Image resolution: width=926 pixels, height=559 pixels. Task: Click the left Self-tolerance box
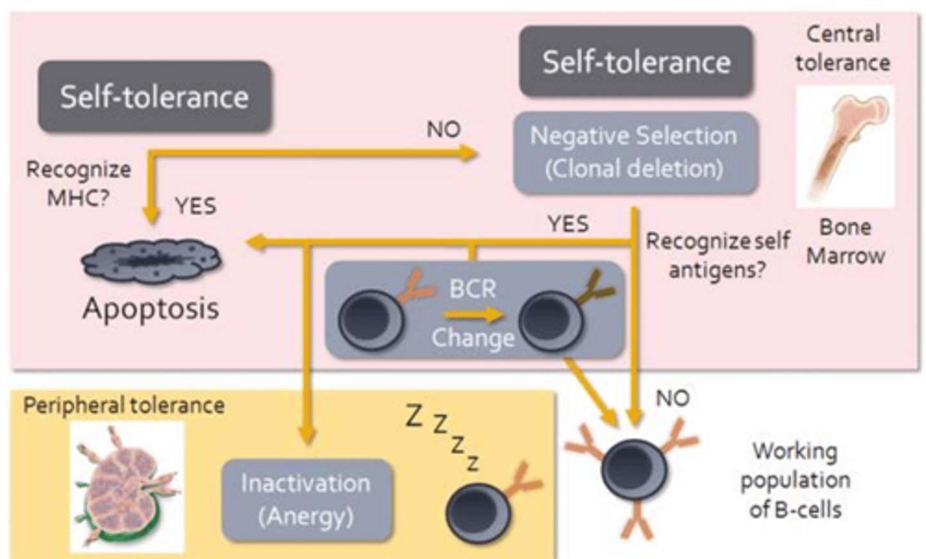[x=154, y=97]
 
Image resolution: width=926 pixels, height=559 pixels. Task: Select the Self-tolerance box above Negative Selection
[x=636, y=62]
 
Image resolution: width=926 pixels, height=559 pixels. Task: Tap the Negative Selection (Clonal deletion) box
[x=635, y=152]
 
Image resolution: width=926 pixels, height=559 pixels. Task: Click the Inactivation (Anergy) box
[x=306, y=500]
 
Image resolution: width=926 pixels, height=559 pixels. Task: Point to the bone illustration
[x=845, y=146]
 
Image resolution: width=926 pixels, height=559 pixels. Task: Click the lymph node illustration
[x=127, y=486]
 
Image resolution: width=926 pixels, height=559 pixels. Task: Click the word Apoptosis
[x=151, y=308]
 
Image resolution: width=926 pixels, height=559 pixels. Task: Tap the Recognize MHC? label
[x=78, y=183]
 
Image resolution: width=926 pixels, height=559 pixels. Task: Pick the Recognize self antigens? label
[x=718, y=255]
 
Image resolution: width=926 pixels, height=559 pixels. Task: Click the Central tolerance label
[x=842, y=48]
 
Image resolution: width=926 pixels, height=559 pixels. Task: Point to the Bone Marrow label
[x=846, y=241]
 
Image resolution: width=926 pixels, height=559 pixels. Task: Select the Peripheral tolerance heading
[x=124, y=405]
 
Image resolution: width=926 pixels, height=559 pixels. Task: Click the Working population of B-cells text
[x=795, y=480]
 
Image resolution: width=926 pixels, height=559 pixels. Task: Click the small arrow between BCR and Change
[x=473, y=315]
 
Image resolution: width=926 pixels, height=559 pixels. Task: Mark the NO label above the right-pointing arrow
[x=444, y=129]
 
